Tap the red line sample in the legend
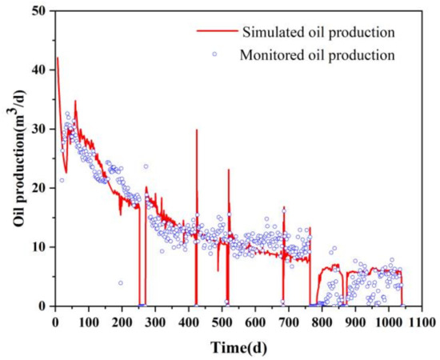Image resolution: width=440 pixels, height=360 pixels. point(215,33)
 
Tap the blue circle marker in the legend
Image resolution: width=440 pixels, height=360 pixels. point(214,54)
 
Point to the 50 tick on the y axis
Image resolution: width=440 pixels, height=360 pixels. point(42,10)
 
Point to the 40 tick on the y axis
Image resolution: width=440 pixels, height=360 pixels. point(42,70)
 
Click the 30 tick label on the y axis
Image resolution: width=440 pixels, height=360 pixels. point(42,129)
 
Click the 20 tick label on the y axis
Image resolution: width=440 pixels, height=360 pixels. point(42,188)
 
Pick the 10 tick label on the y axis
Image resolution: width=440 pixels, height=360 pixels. point(42,247)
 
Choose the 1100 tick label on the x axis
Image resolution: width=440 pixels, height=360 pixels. point(422,322)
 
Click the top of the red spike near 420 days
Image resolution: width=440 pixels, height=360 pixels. point(196,130)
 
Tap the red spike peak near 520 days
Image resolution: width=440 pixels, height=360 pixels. point(228,170)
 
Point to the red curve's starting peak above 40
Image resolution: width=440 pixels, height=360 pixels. point(57,58)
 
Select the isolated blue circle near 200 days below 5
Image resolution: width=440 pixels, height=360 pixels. point(121,283)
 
